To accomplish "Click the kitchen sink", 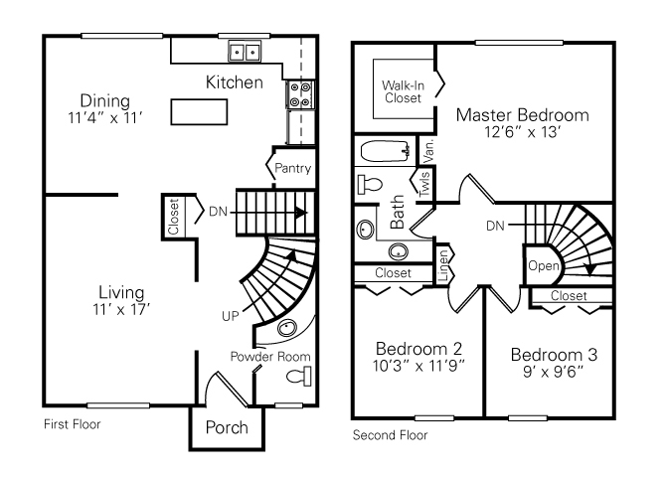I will pos(245,51).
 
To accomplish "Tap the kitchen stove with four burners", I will pos(300,95).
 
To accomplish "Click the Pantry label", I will pos(293,168).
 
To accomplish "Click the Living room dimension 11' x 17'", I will pos(120,310).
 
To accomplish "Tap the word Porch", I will pos(227,428).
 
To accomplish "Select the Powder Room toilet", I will pos(299,375).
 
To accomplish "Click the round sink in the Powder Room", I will pos(287,329).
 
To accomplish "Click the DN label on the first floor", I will pos(219,211).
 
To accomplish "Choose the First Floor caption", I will pos(73,424).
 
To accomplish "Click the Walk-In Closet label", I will pos(402,91).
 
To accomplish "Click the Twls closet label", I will pos(424,184).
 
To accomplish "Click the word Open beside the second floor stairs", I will pos(544,265).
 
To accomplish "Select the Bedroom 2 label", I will pos(418,349).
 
